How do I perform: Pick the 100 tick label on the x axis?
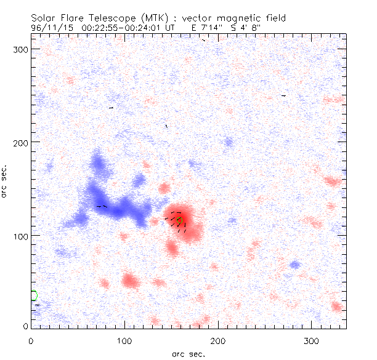click(x=125, y=340)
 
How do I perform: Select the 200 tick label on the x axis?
click(x=219, y=340)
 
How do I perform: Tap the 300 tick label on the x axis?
click(x=312, y=340)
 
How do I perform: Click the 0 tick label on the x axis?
click(x=31, y=340)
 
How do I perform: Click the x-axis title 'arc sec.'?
click(x=188, y=354)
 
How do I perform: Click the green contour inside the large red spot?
click(x=180, y=220)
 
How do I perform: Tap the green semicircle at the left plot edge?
click(x=34, y=295)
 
